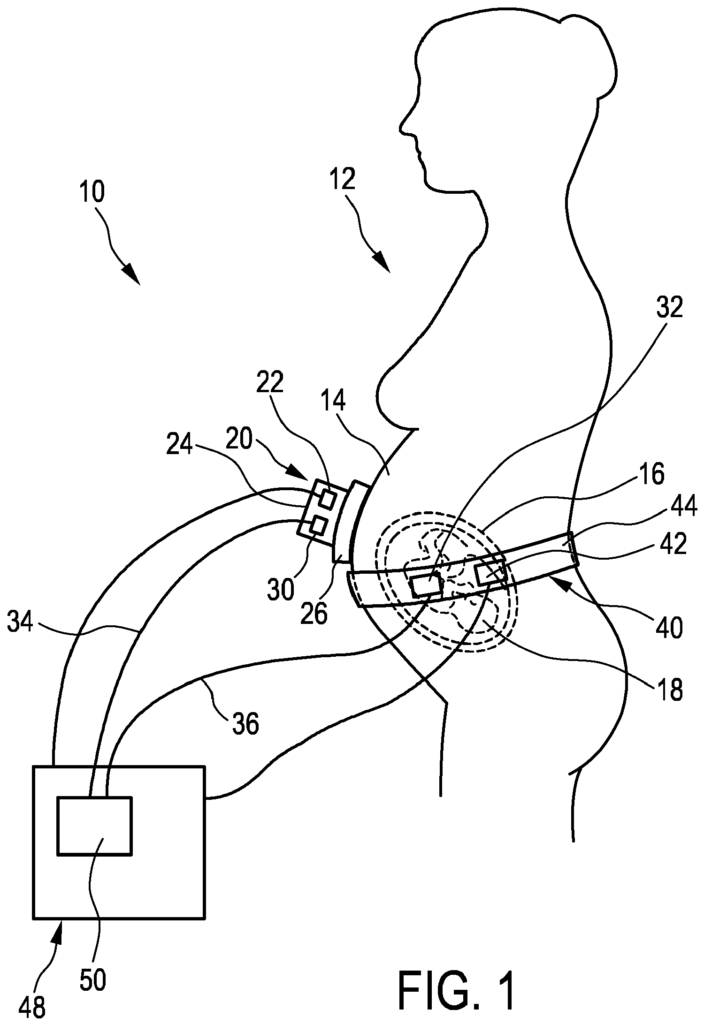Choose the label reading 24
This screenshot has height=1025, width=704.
pyautogui.click(x=180, y=445)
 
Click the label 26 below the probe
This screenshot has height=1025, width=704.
pyautogui.click(x=314, y=613)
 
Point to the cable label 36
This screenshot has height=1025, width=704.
pyautogui.click(x=245, y=724)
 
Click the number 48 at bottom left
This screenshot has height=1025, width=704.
pyautogui.click(x=32, y=1006)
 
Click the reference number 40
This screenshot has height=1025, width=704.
pyautogui.click(x=670, y=628)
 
